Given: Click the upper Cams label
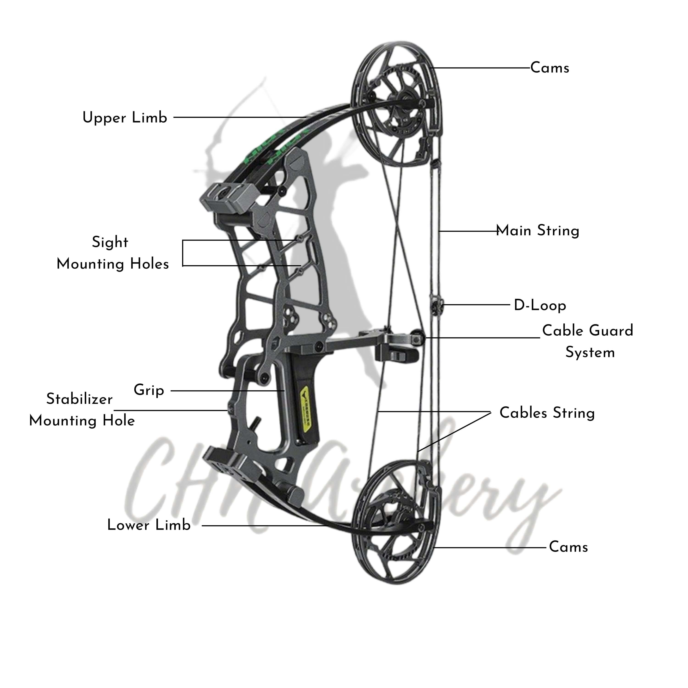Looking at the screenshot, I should (549, 68).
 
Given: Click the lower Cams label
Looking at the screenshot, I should (568, 547).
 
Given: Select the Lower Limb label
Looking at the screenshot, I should (149, 525).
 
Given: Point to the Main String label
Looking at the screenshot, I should (538, 231).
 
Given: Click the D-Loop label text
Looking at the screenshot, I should (540, 305).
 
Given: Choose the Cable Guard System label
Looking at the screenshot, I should (588, 341).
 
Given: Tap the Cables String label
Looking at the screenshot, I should (547, 413).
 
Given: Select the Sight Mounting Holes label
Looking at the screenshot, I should (113, 253).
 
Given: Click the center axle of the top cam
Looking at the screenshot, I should (406, 98).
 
